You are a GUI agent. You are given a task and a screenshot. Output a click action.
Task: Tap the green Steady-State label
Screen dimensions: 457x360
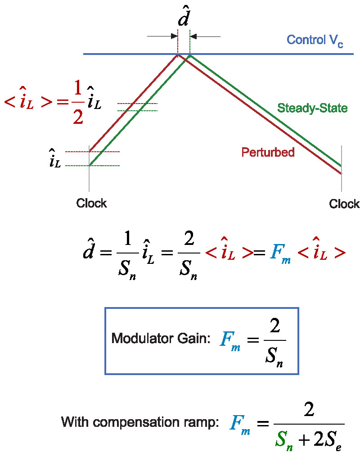pyautogui.click(x=312, y=108)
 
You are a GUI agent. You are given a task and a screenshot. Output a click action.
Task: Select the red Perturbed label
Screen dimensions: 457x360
pyautogui.click(x=268, y=152)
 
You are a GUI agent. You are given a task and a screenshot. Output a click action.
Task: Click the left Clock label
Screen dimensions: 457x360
pyautogui.click(x=91, y=203)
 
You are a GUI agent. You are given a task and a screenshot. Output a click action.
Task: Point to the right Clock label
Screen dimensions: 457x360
pyautogui.click(x=344, y=204)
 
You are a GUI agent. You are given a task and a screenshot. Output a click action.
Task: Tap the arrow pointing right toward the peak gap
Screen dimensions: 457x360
pyautogui.click(x=162, y=36)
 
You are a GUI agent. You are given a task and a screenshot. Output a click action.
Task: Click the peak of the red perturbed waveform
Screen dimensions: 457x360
pyautogui.click(x=178, y=55)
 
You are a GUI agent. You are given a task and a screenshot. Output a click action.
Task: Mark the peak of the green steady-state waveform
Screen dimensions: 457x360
pyautogui.click(x=190, y=55)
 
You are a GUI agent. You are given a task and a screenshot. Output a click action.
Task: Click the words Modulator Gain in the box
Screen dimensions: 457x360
pyautogui.click(x=161, y=338)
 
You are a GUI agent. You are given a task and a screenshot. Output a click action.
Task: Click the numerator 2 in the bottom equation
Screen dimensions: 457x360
pyautogui.click(x=308, y=411)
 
